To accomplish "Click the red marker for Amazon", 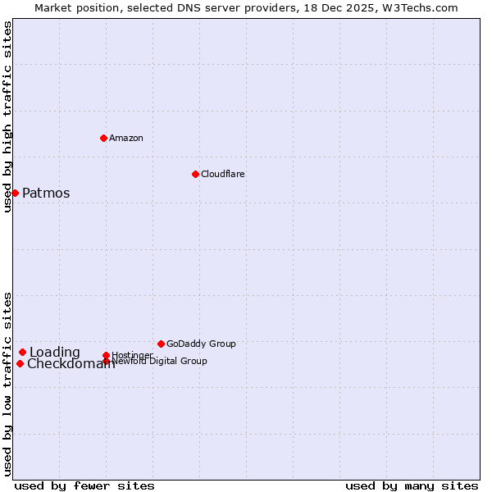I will point(103,138).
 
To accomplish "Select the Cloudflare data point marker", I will point(195,174).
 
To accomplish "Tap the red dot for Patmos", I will point(15,193).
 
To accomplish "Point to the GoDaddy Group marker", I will point(161,344).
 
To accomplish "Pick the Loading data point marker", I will point(22,352).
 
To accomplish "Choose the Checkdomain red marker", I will point(20,363).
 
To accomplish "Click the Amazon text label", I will point(126,138).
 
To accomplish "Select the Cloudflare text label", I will point(223,174).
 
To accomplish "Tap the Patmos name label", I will point(46,194).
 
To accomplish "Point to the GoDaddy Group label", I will point(201,344).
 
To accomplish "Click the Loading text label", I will point(55,353).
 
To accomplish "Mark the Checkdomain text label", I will point(71,364).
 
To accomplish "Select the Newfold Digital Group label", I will point(160,361).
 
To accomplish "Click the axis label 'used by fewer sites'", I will point(84,485).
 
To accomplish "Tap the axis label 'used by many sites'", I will point(412,485).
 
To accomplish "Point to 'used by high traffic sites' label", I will point(8,116).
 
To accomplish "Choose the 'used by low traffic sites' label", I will point(8,383).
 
